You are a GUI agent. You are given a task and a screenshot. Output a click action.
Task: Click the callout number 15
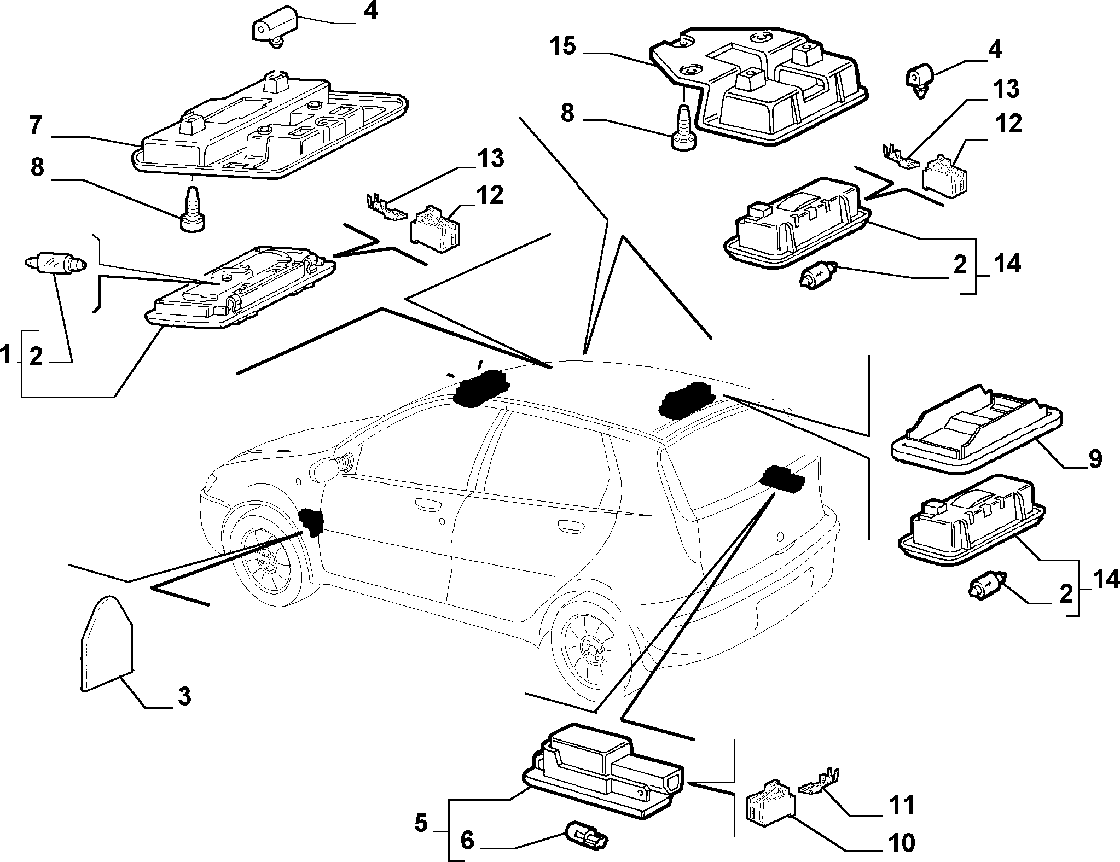pos(563,47)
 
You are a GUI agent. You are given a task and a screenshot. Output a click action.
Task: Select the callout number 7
pos(36,127)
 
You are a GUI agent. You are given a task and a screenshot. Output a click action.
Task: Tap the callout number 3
pos(184,697)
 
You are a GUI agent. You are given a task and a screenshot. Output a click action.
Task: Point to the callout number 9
pos(1094,460)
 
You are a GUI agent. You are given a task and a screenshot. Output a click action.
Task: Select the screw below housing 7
pos(192,210)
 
